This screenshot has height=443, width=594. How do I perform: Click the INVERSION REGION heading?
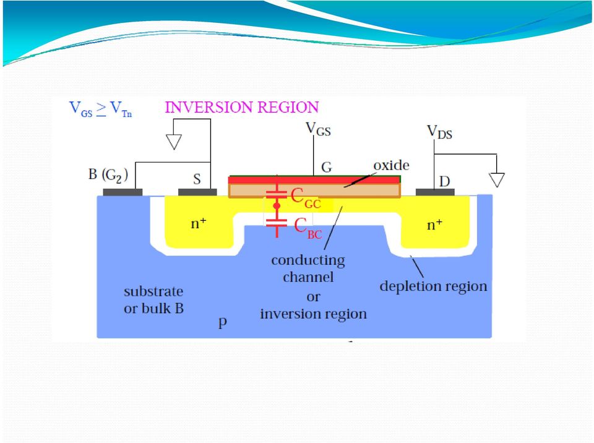[242, 107]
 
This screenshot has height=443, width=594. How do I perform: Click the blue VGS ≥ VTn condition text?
[100, 109]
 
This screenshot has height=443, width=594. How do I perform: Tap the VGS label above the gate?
[318, 129]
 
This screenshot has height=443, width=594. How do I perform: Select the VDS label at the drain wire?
[439, 132]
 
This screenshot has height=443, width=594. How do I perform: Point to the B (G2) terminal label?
[108, 174]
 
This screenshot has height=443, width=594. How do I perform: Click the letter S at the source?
[197, 179]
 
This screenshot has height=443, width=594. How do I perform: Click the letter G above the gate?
[327, 167]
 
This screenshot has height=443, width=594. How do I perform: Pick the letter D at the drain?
[444, 181]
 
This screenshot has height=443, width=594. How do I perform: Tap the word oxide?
[391, 165]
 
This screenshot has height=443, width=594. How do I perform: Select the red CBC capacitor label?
[308, 228]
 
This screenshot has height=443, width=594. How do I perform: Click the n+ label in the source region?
[199, 223]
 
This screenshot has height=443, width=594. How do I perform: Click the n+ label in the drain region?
[434, 225]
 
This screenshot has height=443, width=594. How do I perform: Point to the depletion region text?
[433, 286]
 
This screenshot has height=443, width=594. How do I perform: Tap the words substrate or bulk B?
[153, 299]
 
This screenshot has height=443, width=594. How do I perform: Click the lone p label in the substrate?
[223, 322]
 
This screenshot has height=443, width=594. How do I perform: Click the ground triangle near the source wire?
[174, 142]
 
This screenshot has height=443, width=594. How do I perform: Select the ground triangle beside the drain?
[497, 180]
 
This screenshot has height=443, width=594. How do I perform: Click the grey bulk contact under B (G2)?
[123, 192]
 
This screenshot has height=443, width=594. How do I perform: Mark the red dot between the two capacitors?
[277, 206]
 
